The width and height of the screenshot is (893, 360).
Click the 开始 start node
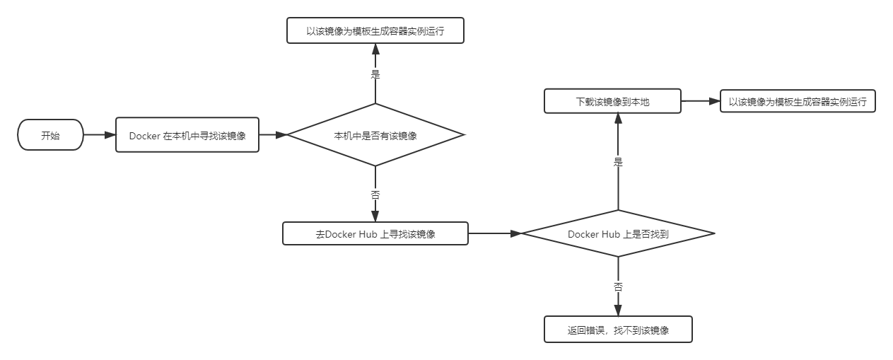(50, 135)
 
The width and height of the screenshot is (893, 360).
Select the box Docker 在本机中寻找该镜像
(187, 135)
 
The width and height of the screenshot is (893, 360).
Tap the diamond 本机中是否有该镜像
(375, 135)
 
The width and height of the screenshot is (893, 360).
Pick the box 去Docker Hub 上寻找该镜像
(375, 233)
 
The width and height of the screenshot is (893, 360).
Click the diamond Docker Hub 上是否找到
(618, 233)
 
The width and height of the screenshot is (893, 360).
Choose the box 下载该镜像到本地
(612, 101)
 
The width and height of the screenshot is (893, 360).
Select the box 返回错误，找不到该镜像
(618, 330)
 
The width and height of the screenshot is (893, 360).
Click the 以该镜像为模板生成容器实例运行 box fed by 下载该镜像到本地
(798, 101)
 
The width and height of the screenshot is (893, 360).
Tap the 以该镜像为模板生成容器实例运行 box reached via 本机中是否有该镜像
(375, 31)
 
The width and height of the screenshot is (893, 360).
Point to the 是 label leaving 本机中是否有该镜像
(375, 72)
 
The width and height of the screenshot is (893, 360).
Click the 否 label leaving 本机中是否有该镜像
(375, 193)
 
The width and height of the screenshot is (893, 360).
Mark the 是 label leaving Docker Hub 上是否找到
(618, 161)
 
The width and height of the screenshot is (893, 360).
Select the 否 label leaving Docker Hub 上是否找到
(618, 286)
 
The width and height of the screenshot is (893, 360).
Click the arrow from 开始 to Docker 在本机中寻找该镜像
(99, 135)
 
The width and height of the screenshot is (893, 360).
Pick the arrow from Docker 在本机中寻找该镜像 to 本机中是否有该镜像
(272, 135)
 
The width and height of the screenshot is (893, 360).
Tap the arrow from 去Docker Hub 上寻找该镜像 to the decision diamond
(495, 233)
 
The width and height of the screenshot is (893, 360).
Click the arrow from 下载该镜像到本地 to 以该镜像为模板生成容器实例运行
(700, 101)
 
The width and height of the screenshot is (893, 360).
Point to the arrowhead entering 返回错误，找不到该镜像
(618, 312)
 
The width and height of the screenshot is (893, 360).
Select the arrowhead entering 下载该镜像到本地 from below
(618, 118)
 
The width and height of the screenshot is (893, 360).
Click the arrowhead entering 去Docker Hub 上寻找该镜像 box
(375, 216)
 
